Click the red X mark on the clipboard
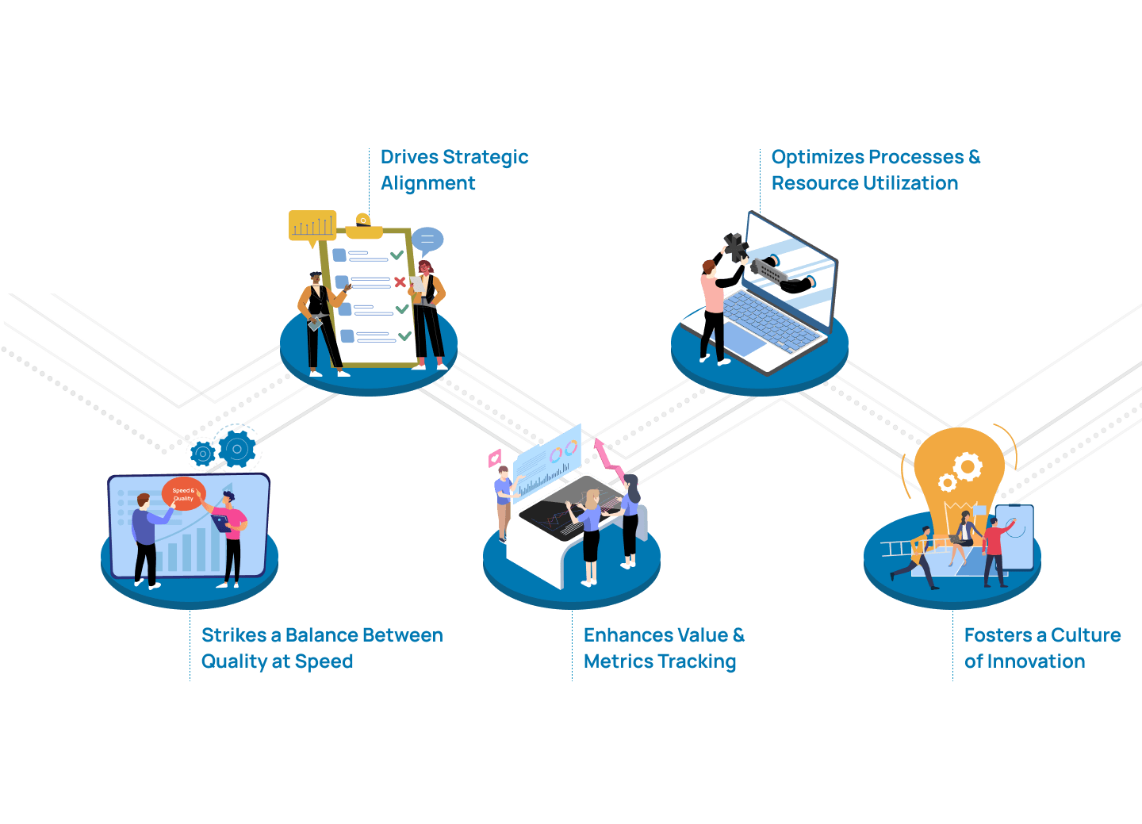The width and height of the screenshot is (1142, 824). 400,282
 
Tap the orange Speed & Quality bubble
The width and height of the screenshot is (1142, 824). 183,493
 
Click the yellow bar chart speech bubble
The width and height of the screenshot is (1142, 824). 312,226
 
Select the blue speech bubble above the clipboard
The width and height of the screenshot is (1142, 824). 427,240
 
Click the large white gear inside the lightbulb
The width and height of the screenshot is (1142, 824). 968,466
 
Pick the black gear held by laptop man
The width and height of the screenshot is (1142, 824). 736,247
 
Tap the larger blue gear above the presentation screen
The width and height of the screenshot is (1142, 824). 237,450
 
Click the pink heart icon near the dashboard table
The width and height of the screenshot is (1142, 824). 495,458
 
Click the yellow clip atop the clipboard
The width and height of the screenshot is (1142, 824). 364,226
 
